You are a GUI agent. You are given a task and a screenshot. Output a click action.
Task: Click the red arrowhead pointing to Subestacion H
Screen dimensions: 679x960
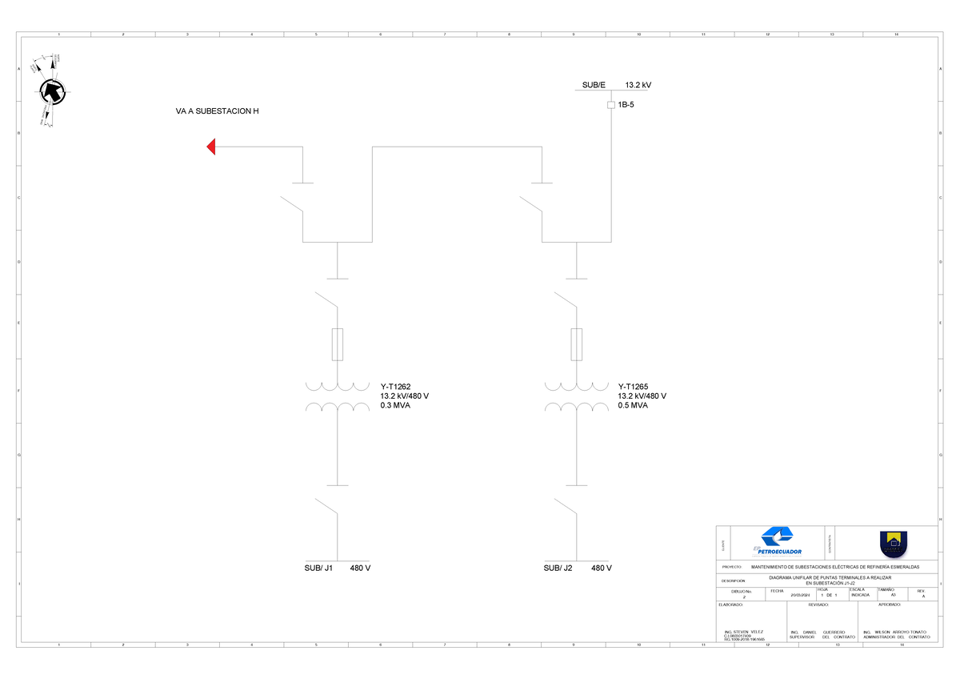click(x=212, y=147)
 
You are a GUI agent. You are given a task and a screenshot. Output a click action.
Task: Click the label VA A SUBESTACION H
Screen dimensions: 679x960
click(x=218, y=111)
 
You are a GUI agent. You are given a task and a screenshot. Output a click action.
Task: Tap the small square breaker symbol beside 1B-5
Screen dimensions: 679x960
click(x=611, y=105)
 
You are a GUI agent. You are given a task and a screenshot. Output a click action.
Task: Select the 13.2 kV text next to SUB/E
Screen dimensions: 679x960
click(x=638, y=85)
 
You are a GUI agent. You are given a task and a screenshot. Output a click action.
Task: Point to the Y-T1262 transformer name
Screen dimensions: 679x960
click(x=395, y=386)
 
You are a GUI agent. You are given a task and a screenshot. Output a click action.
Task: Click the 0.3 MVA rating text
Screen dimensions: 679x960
click(x=395, y=405)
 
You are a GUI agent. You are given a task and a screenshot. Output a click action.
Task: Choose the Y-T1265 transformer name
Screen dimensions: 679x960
click(x=633, y=386)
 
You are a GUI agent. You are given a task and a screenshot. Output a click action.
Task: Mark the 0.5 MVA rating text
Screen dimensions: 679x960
click(x=633, y=405)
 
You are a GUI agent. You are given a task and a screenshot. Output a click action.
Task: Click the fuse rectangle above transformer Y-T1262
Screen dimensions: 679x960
click(x=338, y=344)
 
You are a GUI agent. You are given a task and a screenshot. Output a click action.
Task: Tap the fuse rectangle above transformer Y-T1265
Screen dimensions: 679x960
click(x=576, y=344)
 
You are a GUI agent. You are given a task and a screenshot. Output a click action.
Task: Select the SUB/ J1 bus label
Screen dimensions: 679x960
click(x=318, y=568)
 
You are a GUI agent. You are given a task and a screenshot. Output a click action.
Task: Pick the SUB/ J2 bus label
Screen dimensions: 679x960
click(x=558, y=568)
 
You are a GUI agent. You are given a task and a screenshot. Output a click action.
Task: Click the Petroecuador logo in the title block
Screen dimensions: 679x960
click(x=777, y=542)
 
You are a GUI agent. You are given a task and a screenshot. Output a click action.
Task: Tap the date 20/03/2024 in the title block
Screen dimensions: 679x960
click(x=800, y=596)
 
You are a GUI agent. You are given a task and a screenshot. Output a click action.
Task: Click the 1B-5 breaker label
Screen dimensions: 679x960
click(x=626, y=105)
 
